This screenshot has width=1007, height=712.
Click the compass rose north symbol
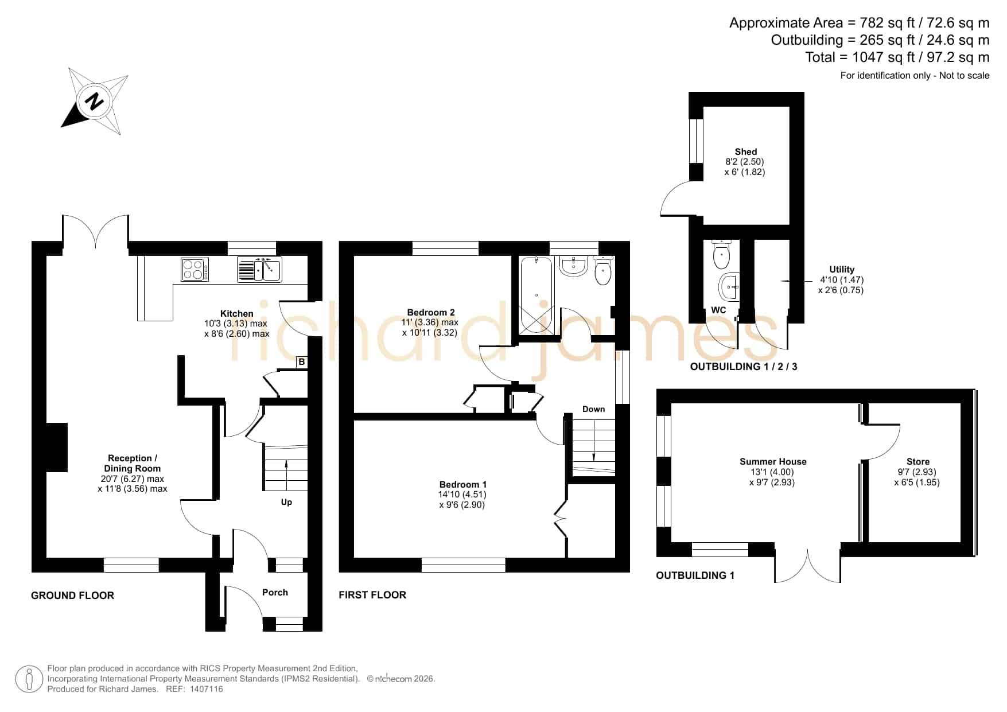pos(94,101)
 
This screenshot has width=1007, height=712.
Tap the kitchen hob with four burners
pos(195,270)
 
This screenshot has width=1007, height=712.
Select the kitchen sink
pos(259,269)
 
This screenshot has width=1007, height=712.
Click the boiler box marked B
pos(302,362)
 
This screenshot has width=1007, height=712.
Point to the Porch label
pos(275,593)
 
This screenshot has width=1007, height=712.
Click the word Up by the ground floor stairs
pos(286,503)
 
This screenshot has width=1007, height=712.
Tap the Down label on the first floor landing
pos(593,409)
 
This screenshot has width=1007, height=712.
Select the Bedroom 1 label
pos(463,485)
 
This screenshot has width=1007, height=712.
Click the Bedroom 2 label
pos(431,313)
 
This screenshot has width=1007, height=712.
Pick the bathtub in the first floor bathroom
pos(536,295)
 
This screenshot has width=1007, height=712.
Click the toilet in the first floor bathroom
pos(603,271)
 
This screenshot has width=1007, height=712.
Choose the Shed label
pos(746,152)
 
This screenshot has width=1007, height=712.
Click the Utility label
pos(842,270)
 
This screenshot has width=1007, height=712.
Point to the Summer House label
pos(773,462)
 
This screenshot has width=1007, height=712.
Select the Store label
pos(918,462)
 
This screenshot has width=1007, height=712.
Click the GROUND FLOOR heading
pos(72,596)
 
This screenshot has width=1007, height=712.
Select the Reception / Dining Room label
pos(133,464)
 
